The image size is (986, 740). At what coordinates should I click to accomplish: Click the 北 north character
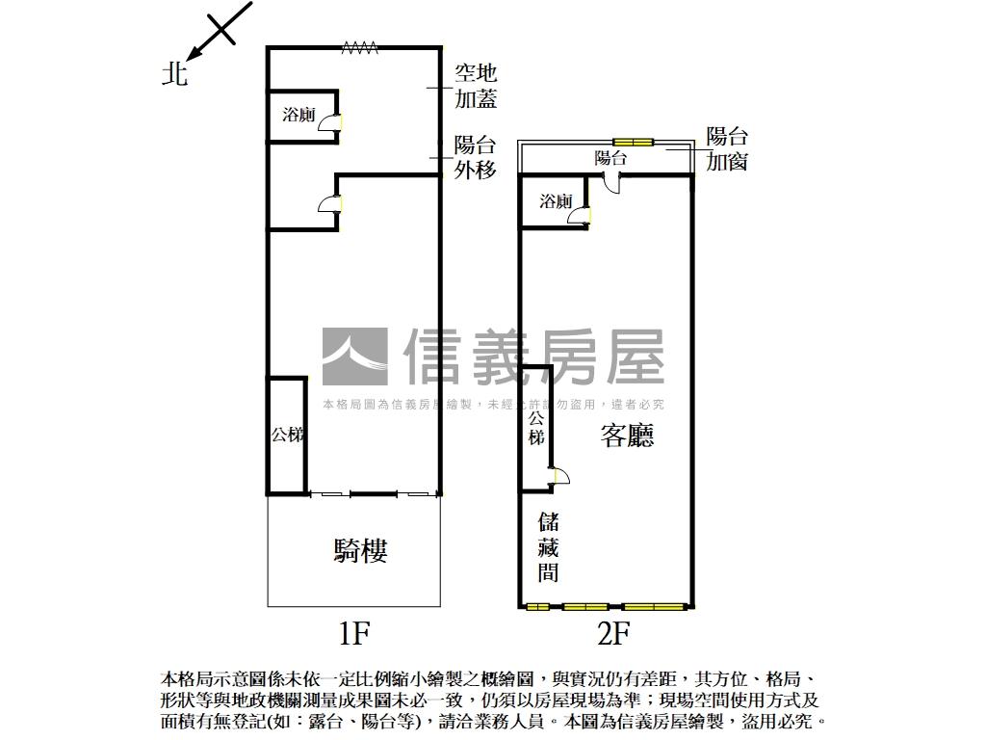174,73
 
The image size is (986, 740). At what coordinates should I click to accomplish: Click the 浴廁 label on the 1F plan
298,116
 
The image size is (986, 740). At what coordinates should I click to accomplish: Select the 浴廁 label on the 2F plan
556,201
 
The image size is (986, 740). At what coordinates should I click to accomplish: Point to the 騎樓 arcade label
361,551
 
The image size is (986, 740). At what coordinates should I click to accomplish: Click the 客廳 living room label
627,436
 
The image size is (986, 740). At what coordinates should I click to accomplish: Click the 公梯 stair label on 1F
287,436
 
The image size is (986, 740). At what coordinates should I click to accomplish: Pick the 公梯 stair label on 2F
535,428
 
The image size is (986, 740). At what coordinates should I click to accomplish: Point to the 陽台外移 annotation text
476,158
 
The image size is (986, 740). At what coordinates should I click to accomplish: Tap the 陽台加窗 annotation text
727,149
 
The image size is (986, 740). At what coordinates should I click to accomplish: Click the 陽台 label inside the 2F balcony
610,158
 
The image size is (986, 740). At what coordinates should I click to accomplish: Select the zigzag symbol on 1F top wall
358,47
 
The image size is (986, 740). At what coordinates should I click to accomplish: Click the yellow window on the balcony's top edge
634,143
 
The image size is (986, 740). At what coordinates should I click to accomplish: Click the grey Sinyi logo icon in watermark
354,357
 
